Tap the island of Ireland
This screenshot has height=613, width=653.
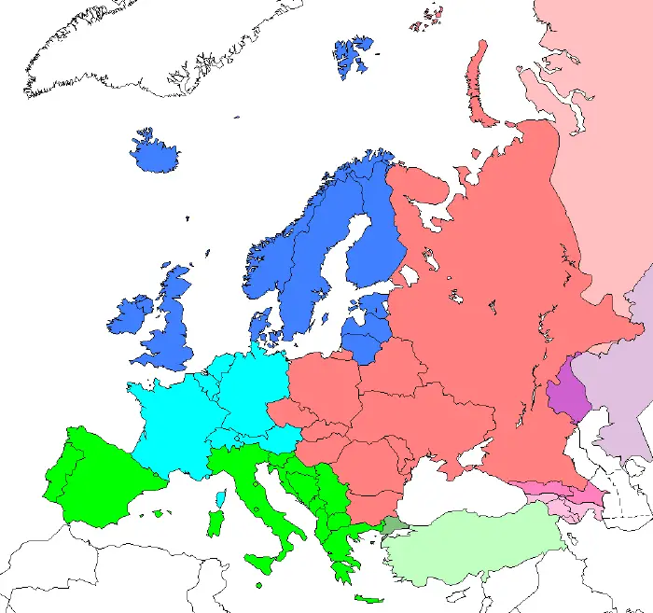(131, 318)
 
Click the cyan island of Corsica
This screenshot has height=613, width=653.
(220, 498)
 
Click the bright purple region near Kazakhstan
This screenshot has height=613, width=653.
(565, 397)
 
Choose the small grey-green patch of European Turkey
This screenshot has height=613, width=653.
(393, 527)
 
